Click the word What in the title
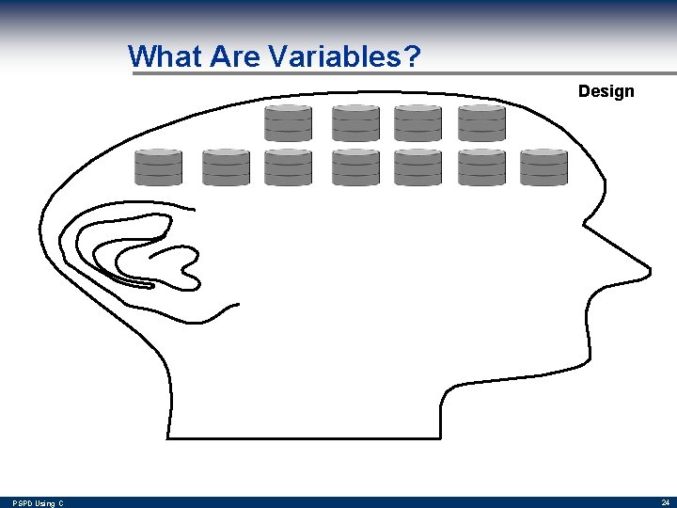coord(165,57)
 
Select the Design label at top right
coord(606,91)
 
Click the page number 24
coord(665,502)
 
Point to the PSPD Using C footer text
coord(39,503)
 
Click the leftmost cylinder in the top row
coord(288,123)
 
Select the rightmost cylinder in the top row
coord(481,123)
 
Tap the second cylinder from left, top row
coord(355,123)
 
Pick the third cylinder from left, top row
coord(417,123)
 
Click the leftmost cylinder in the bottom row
coord(158,167)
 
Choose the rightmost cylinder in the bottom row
coord(543,167)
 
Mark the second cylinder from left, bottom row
coord(226,167)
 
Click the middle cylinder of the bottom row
coord(355,167)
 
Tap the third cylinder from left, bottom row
coord(288,167)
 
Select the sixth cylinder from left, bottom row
coord(481,167)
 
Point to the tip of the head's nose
coord(648,272)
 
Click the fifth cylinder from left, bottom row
coord(417,167)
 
